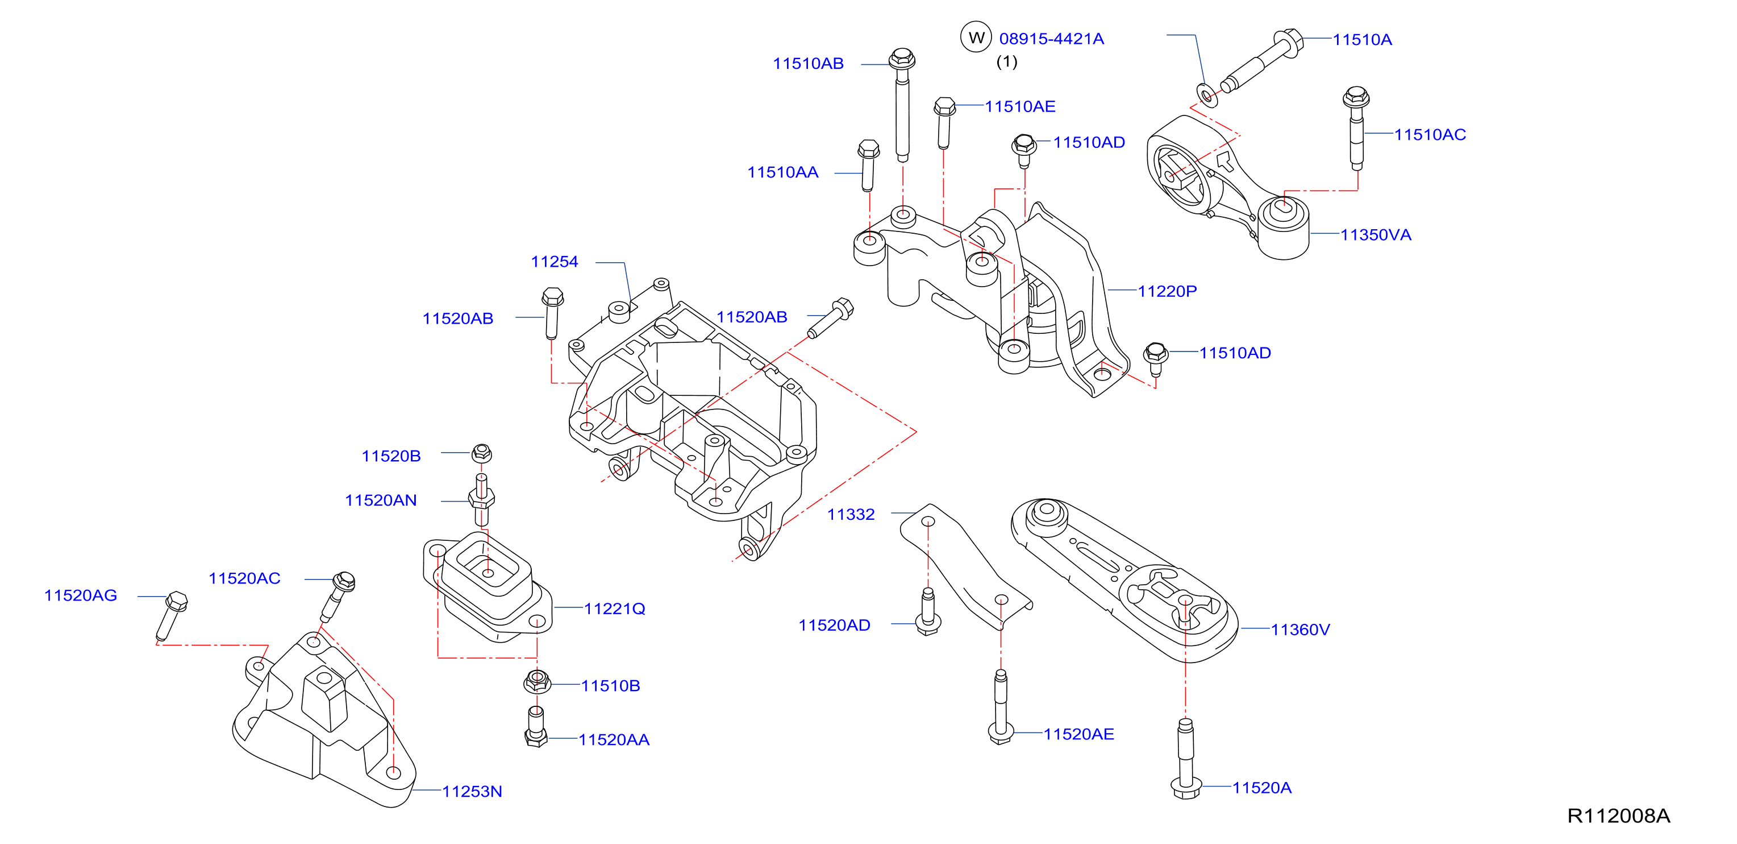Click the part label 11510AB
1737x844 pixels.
point(808,64)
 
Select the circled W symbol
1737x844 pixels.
point(976,37)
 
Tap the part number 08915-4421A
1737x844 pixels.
point(1051,39)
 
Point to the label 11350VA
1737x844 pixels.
point(1376,235)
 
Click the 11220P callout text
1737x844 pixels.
point(1167,291)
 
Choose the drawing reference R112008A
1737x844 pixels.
point(1618,816)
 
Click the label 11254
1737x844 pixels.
point(554,262)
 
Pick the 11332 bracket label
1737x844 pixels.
point(851,515)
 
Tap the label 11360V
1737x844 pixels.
point(1300,630)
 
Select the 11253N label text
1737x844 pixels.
point(472,791)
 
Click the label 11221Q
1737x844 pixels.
point(614,609)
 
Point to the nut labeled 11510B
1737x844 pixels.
point(537,682)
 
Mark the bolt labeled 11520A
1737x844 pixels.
point(1185,759)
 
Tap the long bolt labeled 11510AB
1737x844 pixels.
point(902,105)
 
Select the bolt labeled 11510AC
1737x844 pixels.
point(1356,127)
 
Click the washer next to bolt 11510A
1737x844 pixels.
point(1206,94)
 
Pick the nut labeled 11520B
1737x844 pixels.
point(481,453)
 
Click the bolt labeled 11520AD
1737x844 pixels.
point(928,611)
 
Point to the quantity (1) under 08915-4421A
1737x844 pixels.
point(1007,61)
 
